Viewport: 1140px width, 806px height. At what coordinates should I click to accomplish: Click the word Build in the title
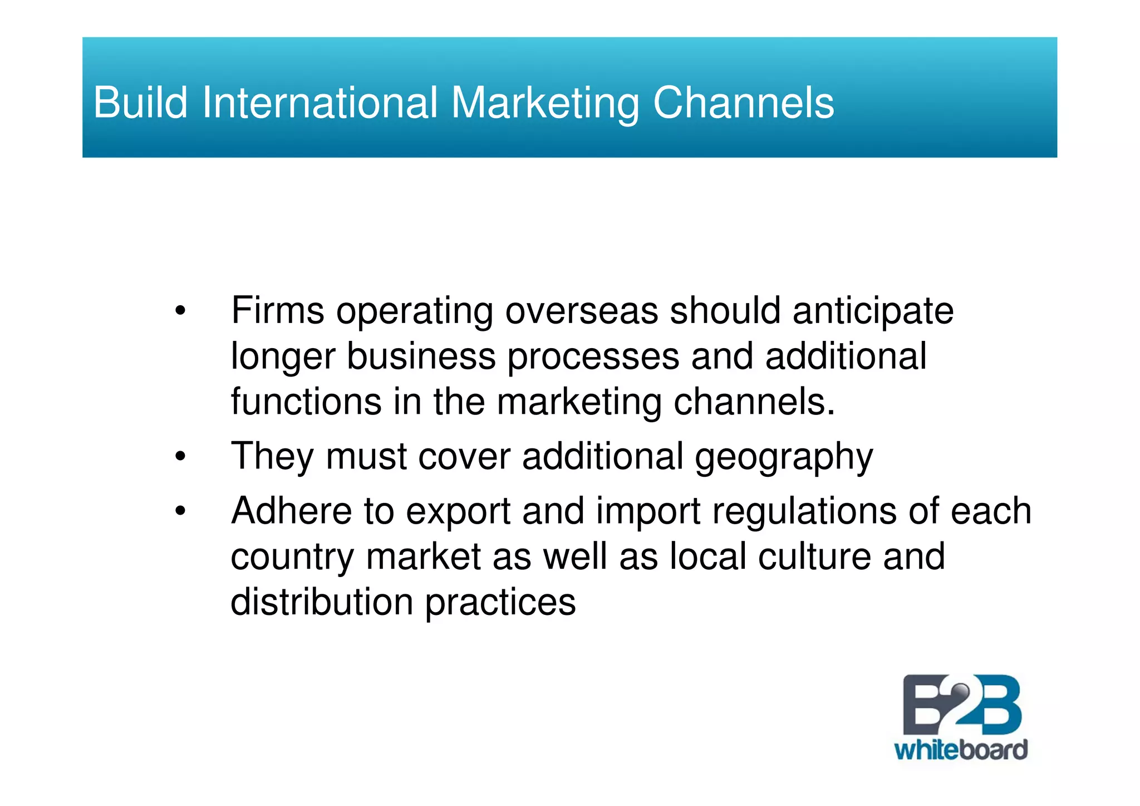[x=141, y=103]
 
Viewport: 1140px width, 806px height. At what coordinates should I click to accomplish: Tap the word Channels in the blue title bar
[x=743, y=103]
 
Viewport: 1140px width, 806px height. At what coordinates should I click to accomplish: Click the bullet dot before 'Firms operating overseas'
[x=179, y=311]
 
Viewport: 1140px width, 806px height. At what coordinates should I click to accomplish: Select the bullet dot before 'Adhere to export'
[x=179, y=511]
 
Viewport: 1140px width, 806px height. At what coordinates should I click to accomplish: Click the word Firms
[x=277, y=310]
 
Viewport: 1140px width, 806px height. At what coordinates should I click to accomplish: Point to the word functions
[x=306, y=402]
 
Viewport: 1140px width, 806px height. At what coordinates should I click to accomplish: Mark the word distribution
[x=322, y=602]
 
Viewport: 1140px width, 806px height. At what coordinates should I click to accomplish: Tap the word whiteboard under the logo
[x=961, y=750]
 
